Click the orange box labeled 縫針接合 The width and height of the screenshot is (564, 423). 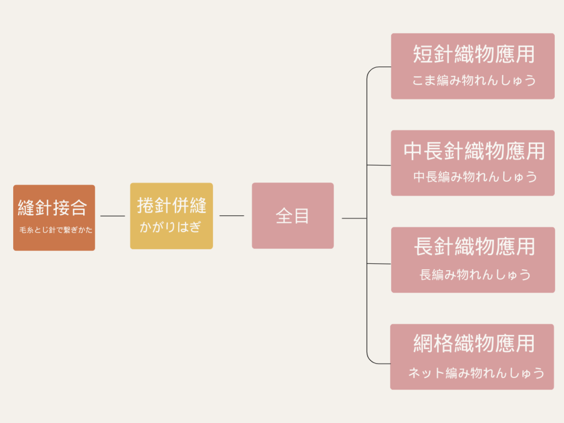(54, 218)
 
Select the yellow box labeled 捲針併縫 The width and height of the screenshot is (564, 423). (171, 216)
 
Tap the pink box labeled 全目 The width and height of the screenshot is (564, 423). (293, 216)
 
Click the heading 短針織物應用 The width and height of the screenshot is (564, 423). (474, 54)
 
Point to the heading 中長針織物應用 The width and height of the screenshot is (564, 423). (474, 151)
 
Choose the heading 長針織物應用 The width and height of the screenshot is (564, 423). (474, 247)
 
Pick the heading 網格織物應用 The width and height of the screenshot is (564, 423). (474, 344)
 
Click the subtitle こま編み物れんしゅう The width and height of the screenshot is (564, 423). (474, 80)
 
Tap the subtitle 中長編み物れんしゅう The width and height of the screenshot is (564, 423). (475, 177)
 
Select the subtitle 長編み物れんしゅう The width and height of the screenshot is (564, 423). (475, 275)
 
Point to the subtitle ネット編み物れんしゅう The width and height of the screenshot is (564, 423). (476, 373)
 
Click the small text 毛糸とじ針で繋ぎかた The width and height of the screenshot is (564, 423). (56, 230)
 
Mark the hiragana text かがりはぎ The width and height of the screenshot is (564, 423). (170, 227)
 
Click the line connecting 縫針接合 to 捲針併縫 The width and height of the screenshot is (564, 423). (113, 216)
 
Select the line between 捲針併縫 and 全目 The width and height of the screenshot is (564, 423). (232, 216)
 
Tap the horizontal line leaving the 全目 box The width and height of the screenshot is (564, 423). (354, 218)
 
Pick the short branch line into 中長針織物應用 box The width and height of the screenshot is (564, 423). (379, 165)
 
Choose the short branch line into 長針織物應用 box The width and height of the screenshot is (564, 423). (379, 263)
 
